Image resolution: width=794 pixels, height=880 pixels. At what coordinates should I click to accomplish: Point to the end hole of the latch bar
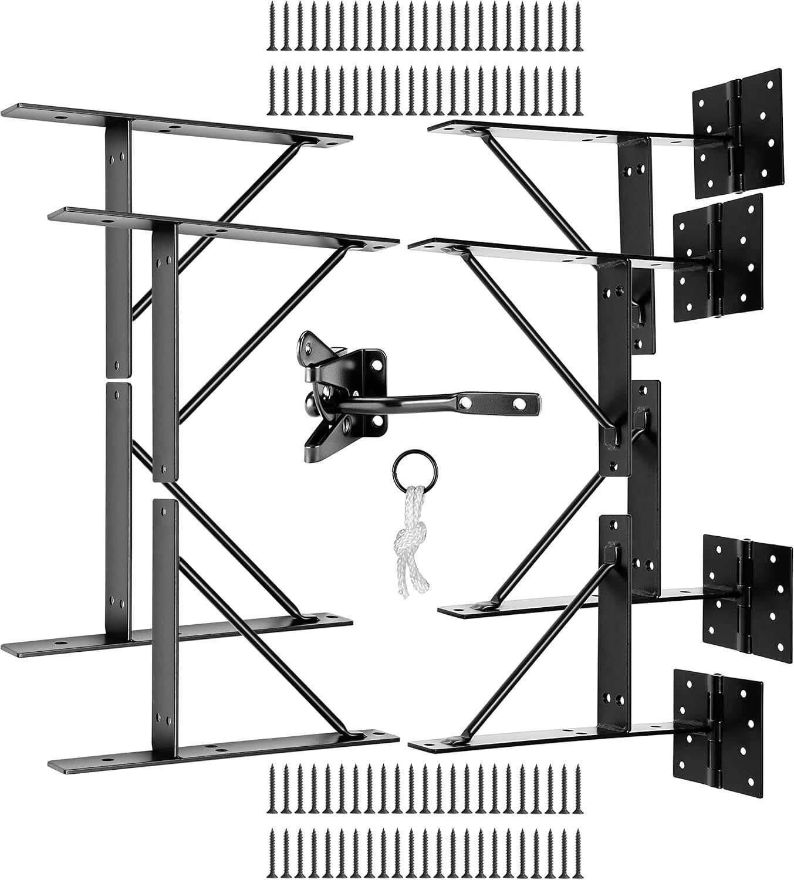[519, 404]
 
